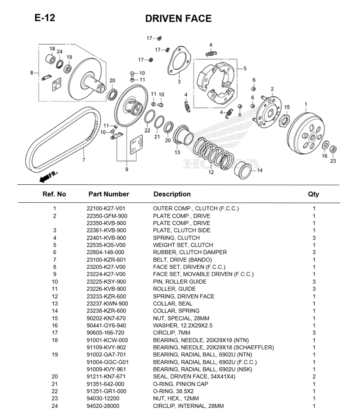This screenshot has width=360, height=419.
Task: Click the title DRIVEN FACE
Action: [178, 18]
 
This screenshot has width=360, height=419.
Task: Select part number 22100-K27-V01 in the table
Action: [106, 209]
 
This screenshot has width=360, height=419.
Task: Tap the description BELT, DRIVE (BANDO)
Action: [182, 260]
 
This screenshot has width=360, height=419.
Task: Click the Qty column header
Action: [313, 194]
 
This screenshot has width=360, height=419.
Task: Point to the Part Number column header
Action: [109, 194]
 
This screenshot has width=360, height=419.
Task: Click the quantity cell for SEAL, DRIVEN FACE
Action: [314, 377]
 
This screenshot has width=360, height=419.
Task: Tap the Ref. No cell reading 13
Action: [54, 303]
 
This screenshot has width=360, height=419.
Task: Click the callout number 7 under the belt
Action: [83, 159]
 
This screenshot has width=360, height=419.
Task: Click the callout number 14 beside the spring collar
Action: [260, 170]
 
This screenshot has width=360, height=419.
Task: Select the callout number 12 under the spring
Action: [211, 172]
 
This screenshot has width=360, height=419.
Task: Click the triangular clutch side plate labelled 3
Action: [178, 63]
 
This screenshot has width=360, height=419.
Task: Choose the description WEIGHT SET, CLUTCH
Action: [183, 245]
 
